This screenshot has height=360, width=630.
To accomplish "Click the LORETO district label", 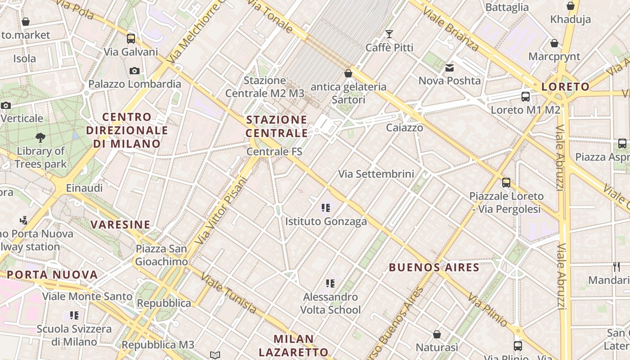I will [565, 87].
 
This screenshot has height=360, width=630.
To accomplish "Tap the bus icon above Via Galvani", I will [131, 38].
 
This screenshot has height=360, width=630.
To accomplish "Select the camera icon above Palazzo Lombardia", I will [134, 71].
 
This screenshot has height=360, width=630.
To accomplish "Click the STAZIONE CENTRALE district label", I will [277, 126].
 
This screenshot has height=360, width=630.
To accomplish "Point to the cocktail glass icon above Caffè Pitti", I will [389, 34].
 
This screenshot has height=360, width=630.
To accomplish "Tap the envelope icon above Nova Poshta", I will [450, 68].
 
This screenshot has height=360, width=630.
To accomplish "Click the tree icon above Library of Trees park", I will [40, 137].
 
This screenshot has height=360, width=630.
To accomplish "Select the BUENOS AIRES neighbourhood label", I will [434, 268].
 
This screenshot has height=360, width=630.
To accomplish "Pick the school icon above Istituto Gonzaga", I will [326, 208].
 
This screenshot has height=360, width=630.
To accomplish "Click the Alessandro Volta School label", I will [330, 303].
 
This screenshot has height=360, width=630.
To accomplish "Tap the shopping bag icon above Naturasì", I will [437, 334].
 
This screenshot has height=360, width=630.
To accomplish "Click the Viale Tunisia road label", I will [229, 293].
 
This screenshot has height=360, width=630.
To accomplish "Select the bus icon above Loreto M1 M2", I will [525, 96].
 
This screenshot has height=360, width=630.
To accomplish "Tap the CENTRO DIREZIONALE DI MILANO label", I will [127, 130].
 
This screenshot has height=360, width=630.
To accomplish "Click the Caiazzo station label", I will [405, 128].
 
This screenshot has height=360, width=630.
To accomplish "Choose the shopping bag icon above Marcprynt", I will [554, 43].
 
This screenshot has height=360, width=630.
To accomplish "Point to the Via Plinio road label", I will [487, 310].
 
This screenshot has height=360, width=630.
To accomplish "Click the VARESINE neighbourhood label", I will [120, 225].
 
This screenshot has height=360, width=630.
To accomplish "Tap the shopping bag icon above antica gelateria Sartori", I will [348, 73].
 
